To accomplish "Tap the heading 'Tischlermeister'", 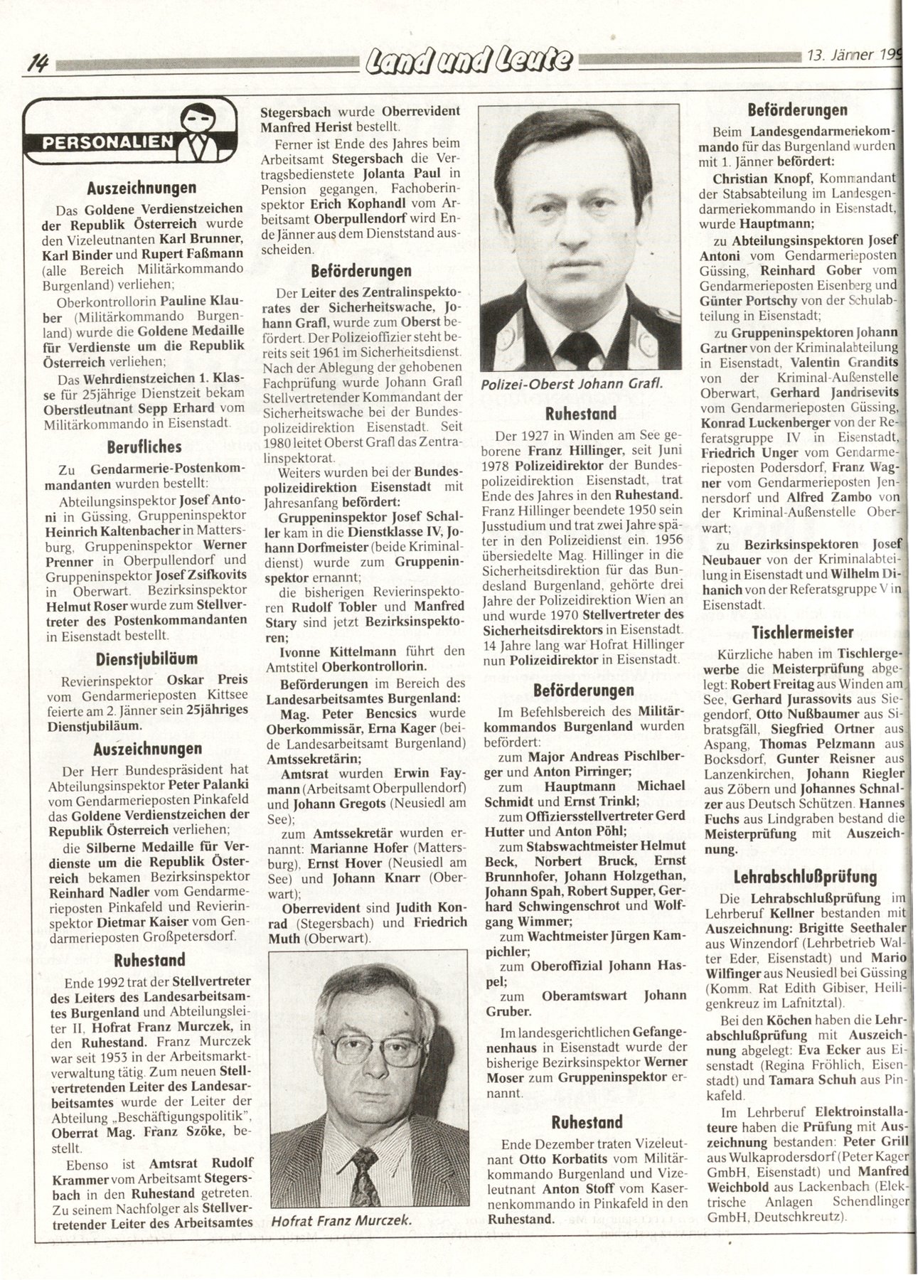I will click(803, 631).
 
